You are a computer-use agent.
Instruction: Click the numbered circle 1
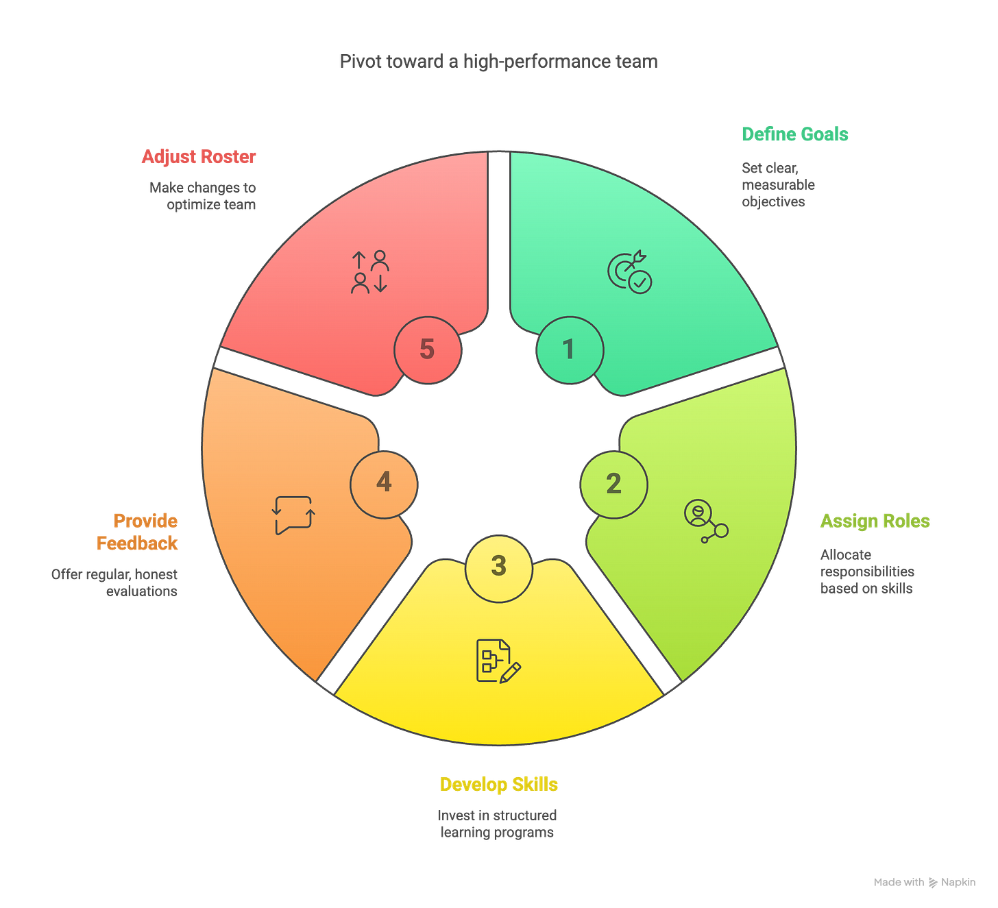(x=568, y=349)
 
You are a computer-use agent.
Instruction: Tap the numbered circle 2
(x=613, y=484)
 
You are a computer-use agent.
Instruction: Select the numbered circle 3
(x=498, y=567)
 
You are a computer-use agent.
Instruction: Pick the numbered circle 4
(x=384, y=482)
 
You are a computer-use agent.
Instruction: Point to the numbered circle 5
(x=427, y=349)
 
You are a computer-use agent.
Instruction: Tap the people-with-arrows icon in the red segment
(x=370, y=272)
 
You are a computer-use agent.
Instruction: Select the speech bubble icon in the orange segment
(x=293, y=515)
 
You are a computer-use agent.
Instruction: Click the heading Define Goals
(x=795, y=134)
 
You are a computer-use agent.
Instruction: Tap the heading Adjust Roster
(x=199, y=157)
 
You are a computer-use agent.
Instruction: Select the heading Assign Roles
(x=875, y=522)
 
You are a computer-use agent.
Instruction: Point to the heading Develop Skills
(x=498, y=784)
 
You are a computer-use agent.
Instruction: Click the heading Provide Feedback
(x=138, y=532)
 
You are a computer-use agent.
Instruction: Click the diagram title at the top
(x=498, y=62)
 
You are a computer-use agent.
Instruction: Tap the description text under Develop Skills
(x=498, y=824)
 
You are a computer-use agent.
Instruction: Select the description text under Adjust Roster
(x=203, y=196)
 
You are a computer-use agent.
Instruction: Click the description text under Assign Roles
(x=867, y=572)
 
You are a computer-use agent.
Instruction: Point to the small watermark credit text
(x=924, y=883)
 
